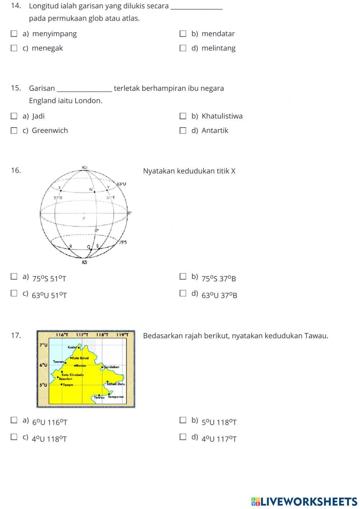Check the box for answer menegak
tap(14, 48)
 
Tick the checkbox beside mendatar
tap(183, 34)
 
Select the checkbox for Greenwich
tap(14, 131)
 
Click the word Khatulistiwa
tap(222, 116)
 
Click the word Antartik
tap(215, 131)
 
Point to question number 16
tap(16, 170)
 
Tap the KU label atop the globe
tap(85, 167)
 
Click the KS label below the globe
tap(85, 262)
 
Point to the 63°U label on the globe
tap(121, 184)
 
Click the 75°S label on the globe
tap(123, 242)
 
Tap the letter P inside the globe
tap(84, 218)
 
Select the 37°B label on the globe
tap(58, 198)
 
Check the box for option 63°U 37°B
tap(183, 293)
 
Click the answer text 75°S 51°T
tap(49, 279)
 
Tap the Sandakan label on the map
tap(112, 367)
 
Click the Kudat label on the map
tap(72, 347)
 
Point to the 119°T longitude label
tap(122, 335)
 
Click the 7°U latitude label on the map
tap(43, 345)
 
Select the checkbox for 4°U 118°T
tap(14, 437)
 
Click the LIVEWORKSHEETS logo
tap(304, 501)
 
